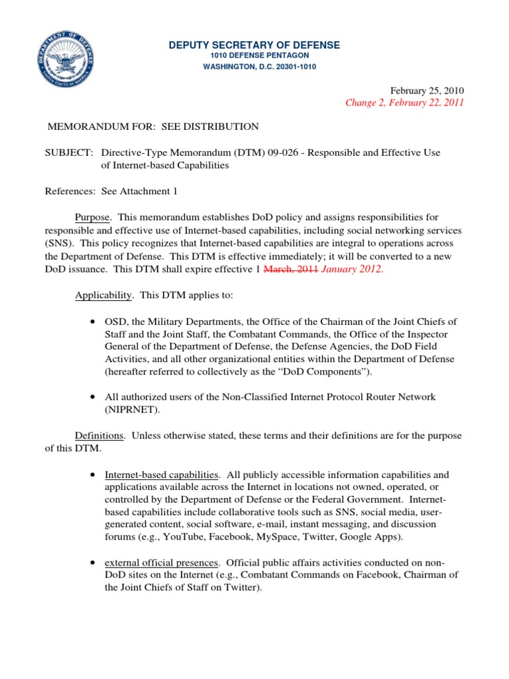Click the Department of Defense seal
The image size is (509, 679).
(65, 65)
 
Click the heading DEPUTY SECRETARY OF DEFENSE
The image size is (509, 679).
(254, 45)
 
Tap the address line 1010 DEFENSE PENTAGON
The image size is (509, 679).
(254, 57)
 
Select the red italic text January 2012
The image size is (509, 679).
(353, 269)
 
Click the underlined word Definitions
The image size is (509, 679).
(99, 436)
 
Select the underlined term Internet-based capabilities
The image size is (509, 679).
(162, 475)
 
